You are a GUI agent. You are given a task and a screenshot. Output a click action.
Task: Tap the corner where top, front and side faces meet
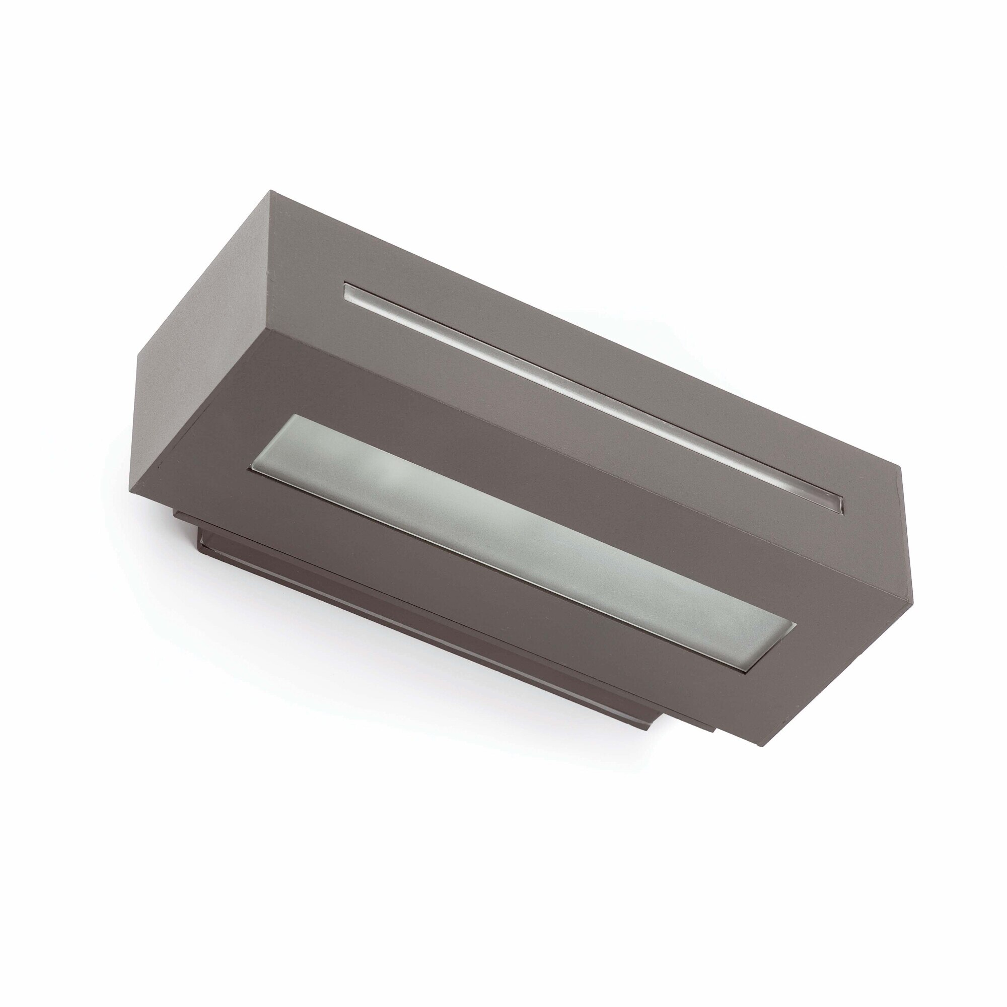(x=269, y=332)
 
